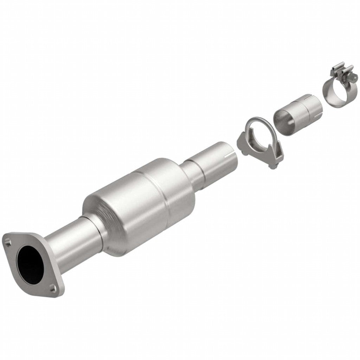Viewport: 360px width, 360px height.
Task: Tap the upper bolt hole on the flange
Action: pos(8,240)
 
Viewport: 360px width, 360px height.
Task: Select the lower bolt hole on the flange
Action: pos(53,289)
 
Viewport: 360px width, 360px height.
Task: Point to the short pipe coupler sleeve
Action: pos(297,114)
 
